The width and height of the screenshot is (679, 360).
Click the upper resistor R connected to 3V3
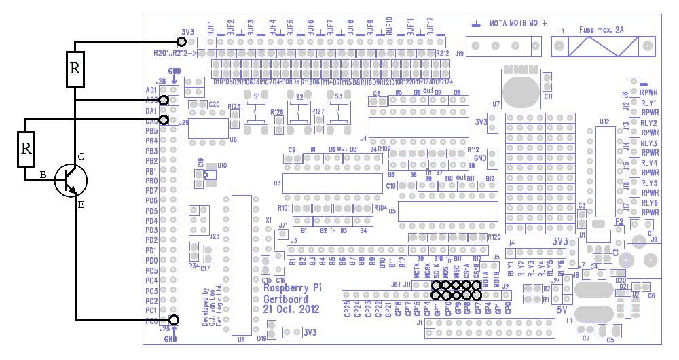click(x=75, y=69)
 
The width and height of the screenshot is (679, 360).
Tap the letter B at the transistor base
click(x=42, y=175)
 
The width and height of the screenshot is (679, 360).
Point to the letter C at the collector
click(x=81, y=157)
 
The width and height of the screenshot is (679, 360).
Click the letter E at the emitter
click(x=80, y=204)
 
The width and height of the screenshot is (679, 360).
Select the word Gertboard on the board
click(x=285, y=299)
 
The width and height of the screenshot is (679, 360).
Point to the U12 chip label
click(x=604, y=122)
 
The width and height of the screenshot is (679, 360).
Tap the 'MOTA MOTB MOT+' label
click(x=519, y=23)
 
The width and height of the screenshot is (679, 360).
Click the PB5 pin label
click(x=151, y=130)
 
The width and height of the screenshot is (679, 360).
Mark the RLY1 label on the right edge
click(x=649, y=103)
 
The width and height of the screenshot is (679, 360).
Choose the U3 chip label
click(x=277, y=183)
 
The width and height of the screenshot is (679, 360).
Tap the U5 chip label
click(x=392, y=211)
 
